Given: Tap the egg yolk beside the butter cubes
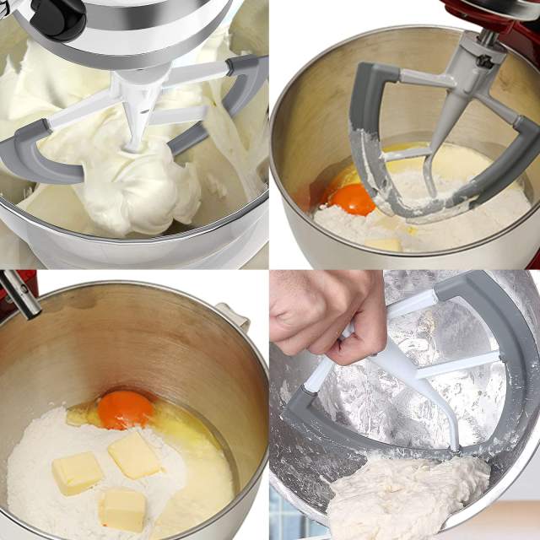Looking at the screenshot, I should (125, 410).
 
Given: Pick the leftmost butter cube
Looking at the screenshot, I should (76, 472).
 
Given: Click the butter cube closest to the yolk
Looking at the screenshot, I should (134, 455).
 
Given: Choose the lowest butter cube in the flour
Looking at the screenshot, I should (123, 509).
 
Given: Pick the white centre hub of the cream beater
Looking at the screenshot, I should (135, 127).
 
